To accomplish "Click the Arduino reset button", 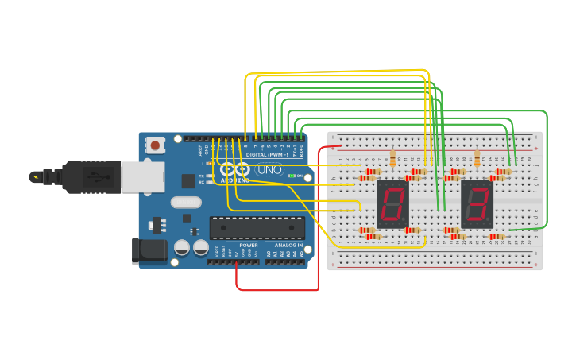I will pyautogui.click(x=155, y=145).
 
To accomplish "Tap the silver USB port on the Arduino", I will pyautogui.click(x=142, y=176).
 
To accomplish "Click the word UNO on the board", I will pyautogui.click(x=269, y=169).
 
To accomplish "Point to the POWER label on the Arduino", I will pyautogui.click(x=249, y=246).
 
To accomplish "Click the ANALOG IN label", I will pyautogui.click(x=288, y=246).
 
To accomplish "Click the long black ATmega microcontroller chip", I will pyautogui.click(x=257, y=227).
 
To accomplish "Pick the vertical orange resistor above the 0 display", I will pyautogui.click(x=392, y=159).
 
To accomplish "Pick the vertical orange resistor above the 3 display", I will pyautogui.click(x=477, y=159).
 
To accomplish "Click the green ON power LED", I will pyautogui.click(x=292, y=176).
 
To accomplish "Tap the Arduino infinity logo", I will pyautogui.click(x=234, y=169).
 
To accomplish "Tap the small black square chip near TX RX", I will pyautogui.click(x=188, y=181).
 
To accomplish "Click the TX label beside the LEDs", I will pyautogui.click(x=201, y=175).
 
